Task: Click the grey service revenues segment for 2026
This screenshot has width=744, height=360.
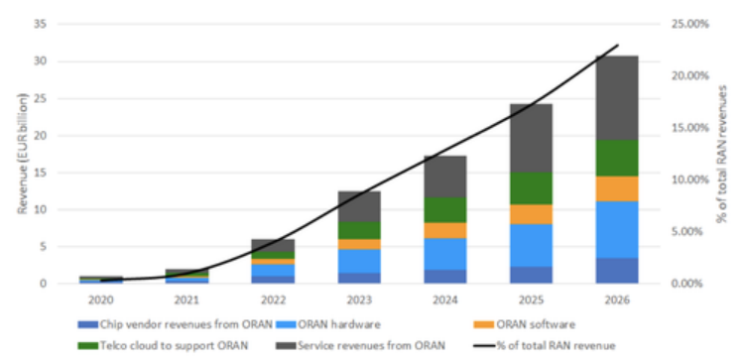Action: [617, 98]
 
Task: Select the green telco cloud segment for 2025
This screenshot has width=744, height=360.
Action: [531, 188]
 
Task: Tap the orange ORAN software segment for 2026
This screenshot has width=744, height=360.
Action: [617, 188]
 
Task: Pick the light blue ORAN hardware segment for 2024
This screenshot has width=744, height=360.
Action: [445, 254]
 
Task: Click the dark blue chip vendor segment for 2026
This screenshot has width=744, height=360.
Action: [617, 271]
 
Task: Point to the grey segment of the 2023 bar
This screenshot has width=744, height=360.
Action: [359, 207]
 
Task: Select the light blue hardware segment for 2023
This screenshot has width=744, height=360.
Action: [359, 261]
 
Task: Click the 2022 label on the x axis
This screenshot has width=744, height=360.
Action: [274, 300]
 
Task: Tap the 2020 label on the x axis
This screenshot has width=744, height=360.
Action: [101, 300]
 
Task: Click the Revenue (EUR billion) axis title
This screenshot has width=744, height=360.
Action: [22, 154]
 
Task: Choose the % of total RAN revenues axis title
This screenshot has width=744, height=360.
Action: [722, 154]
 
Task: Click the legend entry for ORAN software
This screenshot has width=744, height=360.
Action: [525, 324]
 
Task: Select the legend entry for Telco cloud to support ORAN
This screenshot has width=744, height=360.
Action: [163, 346]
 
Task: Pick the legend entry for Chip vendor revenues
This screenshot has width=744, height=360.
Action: [175, 324]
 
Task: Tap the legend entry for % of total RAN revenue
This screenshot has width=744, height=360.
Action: [546, 346]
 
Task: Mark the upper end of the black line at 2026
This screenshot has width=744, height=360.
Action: [618, 45]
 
